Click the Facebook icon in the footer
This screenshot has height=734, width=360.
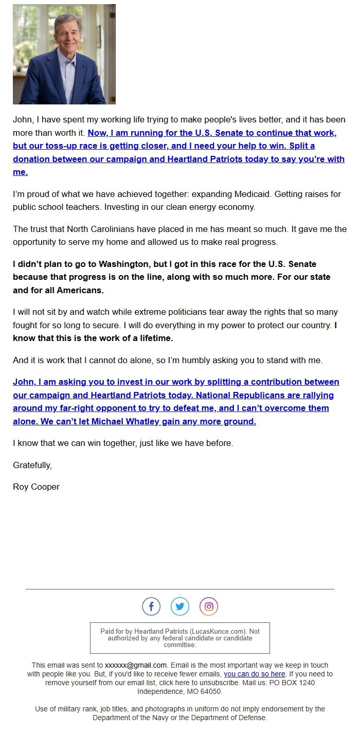[x=151, y=606]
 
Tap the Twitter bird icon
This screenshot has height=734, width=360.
[x=180, y=606]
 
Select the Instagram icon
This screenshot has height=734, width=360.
[x=209, y=606]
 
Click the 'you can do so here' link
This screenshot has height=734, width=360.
[x=254, y=674]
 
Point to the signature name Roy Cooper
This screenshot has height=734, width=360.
[x=36, y=487]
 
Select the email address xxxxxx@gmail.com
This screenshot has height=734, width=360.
[x=136, y=665]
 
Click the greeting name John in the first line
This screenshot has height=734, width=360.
[x=22, y=119]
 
